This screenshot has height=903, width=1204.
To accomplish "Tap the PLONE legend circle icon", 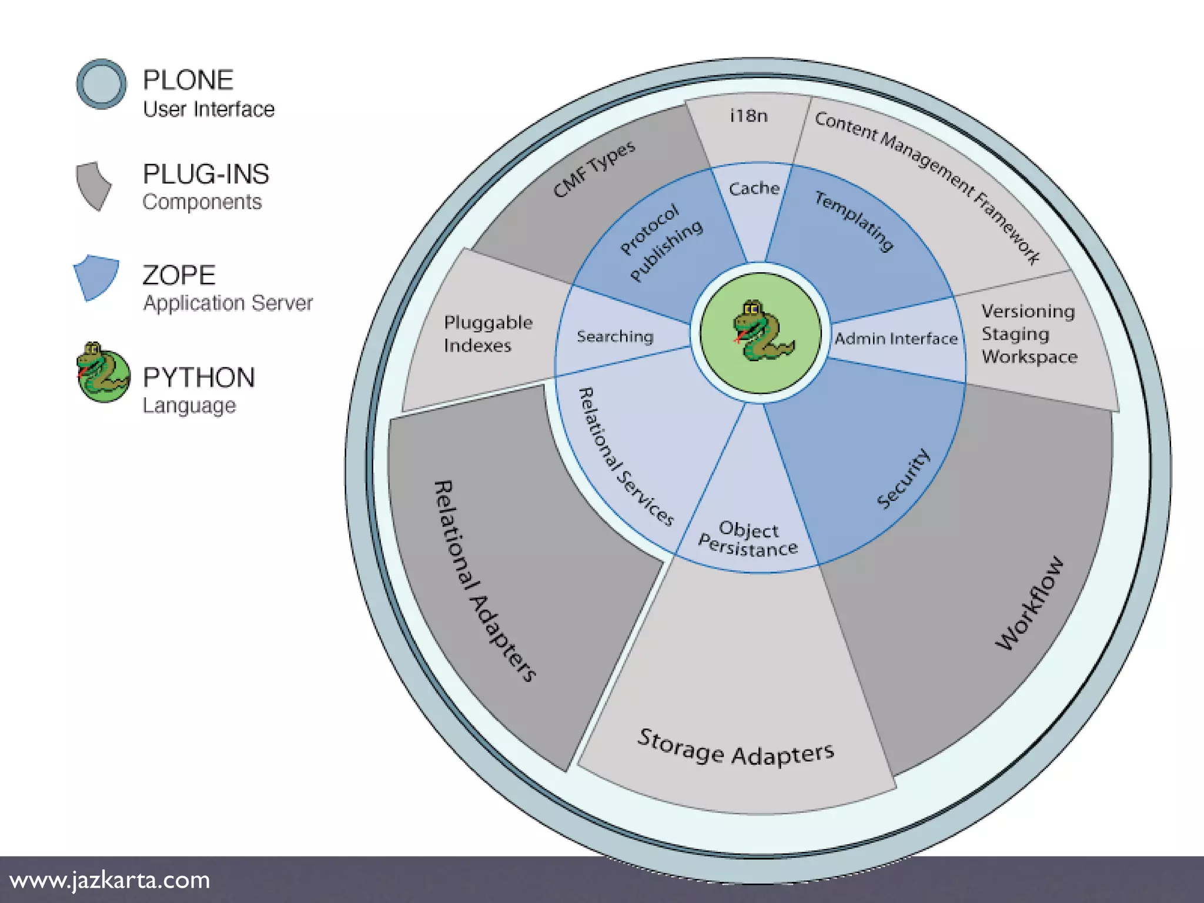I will tap(101, 84).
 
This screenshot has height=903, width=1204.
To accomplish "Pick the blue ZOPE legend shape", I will tap(96, 277).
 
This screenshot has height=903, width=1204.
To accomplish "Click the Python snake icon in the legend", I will tap(103, 373).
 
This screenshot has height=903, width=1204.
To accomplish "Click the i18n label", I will tap(748, 116).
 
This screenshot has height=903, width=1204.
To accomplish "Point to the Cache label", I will tap(754, 189).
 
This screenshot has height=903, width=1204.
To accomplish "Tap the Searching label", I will tap(615, 336).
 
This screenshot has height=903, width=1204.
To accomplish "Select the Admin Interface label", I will tap(895, 339).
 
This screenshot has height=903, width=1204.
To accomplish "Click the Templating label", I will tap(854, 221).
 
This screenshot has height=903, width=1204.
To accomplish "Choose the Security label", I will tap(903, 479).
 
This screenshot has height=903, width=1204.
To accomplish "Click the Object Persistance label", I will tap(748, 539).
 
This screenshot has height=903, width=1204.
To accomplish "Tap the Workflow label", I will tap(1029, 603).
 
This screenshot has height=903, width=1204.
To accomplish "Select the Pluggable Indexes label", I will tap(488, 333).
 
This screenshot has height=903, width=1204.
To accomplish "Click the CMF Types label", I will tap(594, 169).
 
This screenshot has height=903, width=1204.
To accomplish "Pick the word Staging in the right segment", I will tap(1015, 334).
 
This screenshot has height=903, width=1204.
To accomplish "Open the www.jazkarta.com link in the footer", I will tap(110, 880).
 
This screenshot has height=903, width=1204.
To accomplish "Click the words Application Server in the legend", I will tap(228, 303).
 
